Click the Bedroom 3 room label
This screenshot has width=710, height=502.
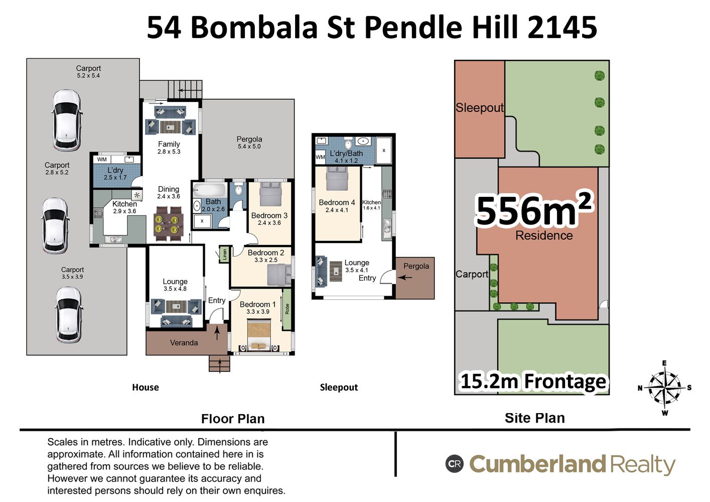[x=269, y=216]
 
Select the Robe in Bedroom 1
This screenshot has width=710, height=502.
[x=287, y=309]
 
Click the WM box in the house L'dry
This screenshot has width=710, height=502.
[x=102, y=159]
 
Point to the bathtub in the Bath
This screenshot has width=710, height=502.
[x=210, y=190]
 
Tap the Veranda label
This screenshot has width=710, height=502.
[x=184, y=343]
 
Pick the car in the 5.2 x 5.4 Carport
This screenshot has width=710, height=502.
[x=66, y=120]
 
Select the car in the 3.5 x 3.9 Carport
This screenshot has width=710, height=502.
[x=69, y=315]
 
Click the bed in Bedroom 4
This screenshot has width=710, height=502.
[x=337, y=179]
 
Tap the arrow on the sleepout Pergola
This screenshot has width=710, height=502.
[x=405, y=278]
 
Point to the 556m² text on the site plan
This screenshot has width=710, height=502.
[x=534, y=209]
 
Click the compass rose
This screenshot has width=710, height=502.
[x=664, y=388]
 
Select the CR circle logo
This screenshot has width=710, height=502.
[x=455, y=464]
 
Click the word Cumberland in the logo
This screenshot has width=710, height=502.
[x=537, y=464]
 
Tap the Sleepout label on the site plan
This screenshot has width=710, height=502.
[x=480, y=108]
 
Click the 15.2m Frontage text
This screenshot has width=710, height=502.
[x=533, y=381]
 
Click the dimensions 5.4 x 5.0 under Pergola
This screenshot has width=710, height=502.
[x=249, y=147]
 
